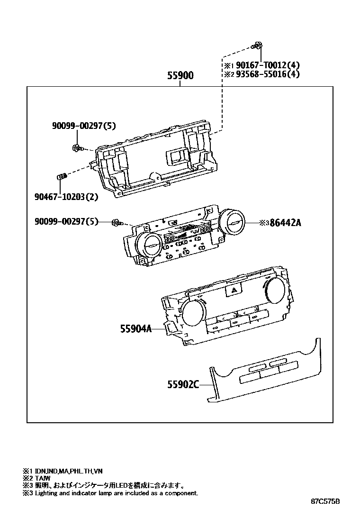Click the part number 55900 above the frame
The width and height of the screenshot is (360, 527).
click(180, 76)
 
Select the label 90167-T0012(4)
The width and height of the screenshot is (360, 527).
click(268, 65)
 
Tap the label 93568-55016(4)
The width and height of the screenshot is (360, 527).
click(268, 74)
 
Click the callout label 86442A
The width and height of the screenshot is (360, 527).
click(285, 222)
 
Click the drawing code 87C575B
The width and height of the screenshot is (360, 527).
click(325, 501)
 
